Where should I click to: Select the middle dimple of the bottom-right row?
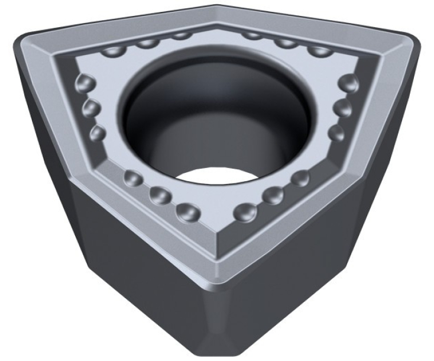click(x=273, y=195)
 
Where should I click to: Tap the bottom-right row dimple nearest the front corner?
click(x=244, y=211)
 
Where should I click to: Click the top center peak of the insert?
click(x=216, y=7)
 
